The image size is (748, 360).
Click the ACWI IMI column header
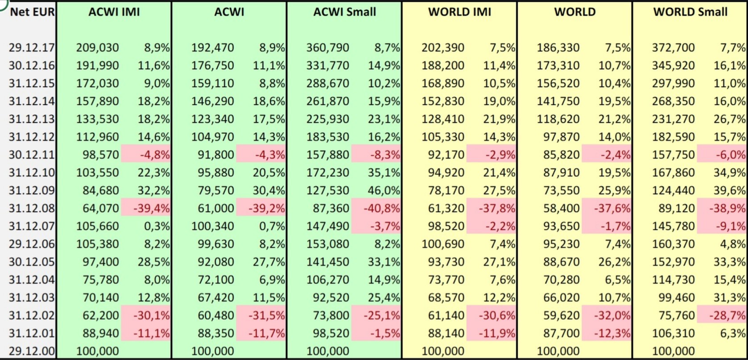(114, 12)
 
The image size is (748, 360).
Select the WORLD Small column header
(690, 12)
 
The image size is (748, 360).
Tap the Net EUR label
(32, 12)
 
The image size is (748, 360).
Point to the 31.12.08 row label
(32, 208)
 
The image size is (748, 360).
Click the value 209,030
(98, 48)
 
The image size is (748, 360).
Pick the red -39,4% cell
(152, 208)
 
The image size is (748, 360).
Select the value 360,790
(328, 48)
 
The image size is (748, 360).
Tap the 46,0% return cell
(384, 190)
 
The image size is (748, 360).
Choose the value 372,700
(673, 48)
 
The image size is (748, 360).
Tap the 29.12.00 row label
(32, 351)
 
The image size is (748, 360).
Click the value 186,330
(558, 48)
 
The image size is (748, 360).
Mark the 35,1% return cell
(384, 173)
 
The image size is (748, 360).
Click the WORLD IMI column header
(459, 12)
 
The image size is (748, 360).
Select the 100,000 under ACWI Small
(328, 351)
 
